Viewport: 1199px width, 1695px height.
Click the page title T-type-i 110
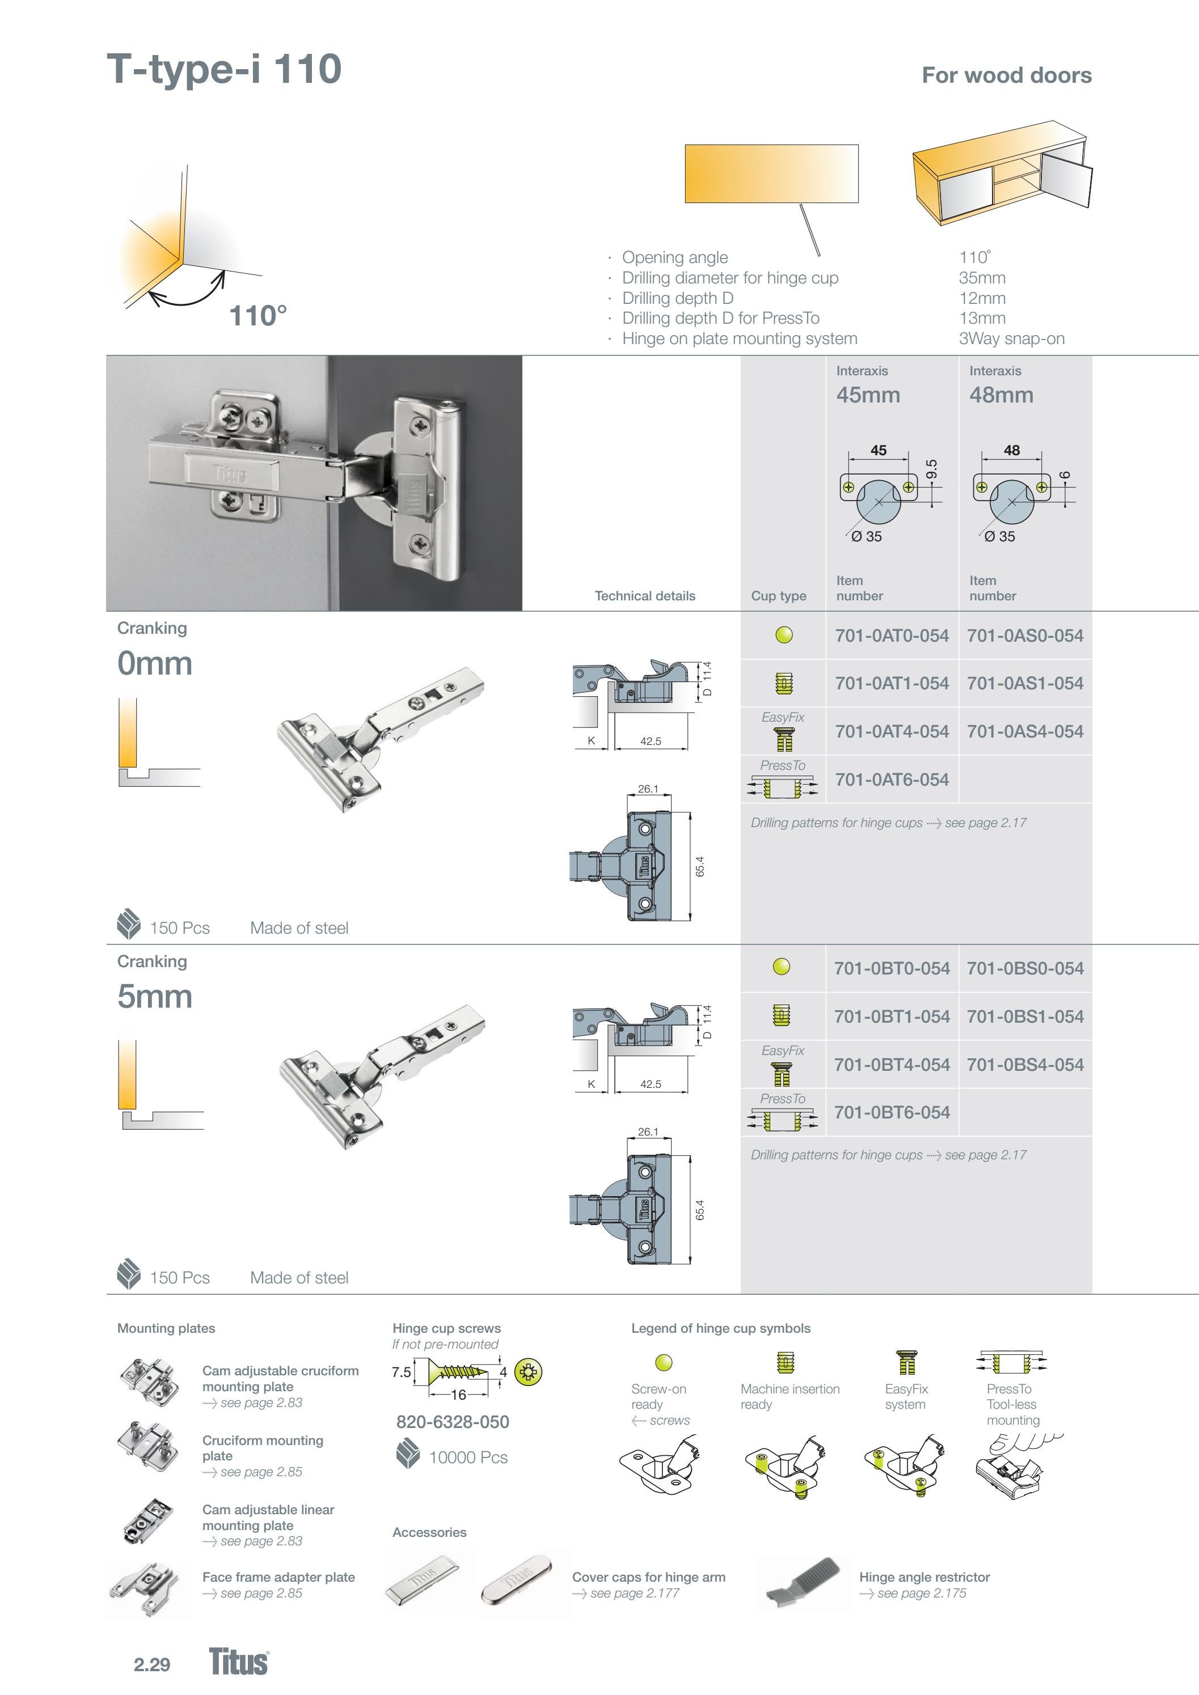tap(224, 69)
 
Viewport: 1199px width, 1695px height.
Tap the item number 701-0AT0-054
tap(892, 635)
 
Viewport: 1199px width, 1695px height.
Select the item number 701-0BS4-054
tap(1025, 1065)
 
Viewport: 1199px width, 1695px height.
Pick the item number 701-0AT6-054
tap(892, 779)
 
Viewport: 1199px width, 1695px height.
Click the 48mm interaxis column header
tap(1001, 395)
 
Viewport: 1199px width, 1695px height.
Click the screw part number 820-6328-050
tap(452, 1422)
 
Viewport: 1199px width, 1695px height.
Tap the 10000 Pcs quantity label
tap(467, 1457)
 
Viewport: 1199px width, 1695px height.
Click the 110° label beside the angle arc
tap(258, 316)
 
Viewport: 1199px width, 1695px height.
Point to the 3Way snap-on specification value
tap(1011, 339)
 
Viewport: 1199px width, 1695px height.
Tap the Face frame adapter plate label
tap(278, 1577)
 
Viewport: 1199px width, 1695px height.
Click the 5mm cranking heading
tap(154, 997)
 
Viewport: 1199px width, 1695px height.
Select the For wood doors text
tap(1006, 75)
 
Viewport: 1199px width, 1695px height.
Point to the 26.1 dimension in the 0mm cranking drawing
tap(648, 789)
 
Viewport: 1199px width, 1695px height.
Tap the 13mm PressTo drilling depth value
tap(982, 318)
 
